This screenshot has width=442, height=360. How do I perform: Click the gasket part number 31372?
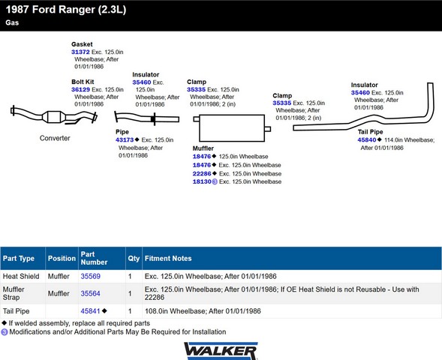[80, 52]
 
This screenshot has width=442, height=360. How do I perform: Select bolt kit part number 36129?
[80, 89]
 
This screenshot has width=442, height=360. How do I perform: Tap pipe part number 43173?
[125, 139]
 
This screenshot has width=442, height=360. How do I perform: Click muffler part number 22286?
[202, 173]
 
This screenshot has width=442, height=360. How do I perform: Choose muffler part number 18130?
[202, 181]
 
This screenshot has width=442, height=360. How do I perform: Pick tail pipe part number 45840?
[367, 139]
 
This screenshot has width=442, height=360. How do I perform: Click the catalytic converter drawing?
[53, 115]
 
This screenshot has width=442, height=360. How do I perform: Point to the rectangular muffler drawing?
[232, 128]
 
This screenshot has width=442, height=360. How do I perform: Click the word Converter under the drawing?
[55, 138]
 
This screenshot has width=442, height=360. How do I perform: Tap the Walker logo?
[221, 351]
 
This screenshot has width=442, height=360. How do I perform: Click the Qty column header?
[134, 258]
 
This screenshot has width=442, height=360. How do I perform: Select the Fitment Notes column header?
[168, 258]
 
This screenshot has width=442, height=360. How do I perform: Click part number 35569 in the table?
[91, 276]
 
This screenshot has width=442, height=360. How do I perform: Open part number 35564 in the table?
[91, 293]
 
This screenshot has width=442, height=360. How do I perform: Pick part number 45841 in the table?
[91, 311]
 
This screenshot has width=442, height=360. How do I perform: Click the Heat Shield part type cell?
[21, 276]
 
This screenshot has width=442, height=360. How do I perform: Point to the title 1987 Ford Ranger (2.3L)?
[66, 10]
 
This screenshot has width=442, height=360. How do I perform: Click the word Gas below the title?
[12, 22]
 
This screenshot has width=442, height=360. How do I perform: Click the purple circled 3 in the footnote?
[5, 332]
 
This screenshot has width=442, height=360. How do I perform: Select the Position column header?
[62, 258]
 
